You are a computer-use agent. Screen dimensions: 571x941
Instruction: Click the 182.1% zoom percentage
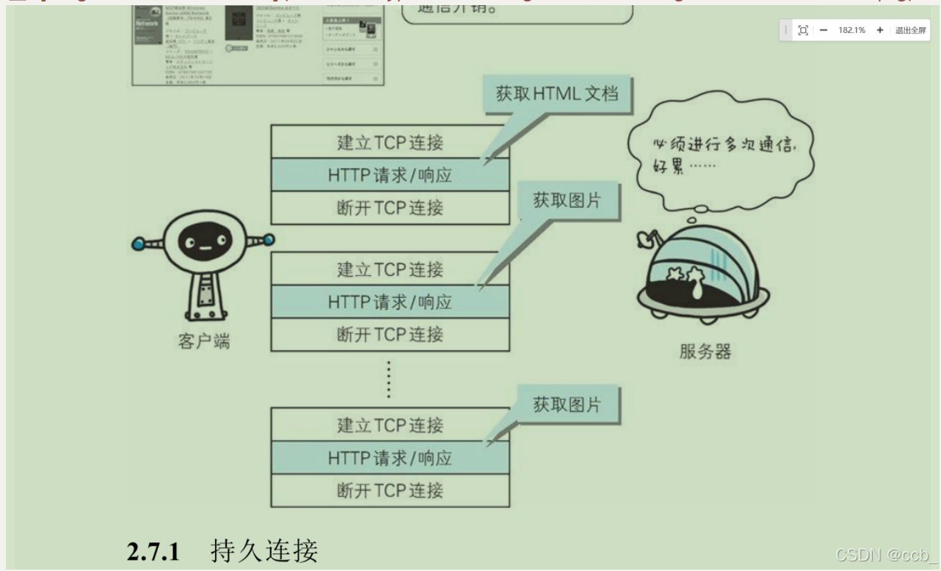click(851, 30)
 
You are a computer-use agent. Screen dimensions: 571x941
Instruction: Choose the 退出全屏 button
click(910, 30)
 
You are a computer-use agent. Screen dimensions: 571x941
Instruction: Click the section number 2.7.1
click(153, 552)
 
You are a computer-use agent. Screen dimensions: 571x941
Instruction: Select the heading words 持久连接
click(264, 551)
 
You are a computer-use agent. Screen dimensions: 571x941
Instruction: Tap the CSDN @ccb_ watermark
click(886, 556)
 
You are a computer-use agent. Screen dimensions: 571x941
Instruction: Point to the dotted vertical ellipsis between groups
click(389, 379)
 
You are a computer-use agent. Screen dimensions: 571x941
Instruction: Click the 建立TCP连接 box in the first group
click(390, 142)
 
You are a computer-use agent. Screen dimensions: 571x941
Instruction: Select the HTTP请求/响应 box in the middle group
click(390, 302)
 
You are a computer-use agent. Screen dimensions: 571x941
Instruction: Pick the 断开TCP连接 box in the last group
click(390, 490)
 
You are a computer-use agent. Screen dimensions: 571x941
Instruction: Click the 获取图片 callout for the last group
click(566, 405)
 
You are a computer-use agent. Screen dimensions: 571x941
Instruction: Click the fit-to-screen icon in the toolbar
click(803, 30)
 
